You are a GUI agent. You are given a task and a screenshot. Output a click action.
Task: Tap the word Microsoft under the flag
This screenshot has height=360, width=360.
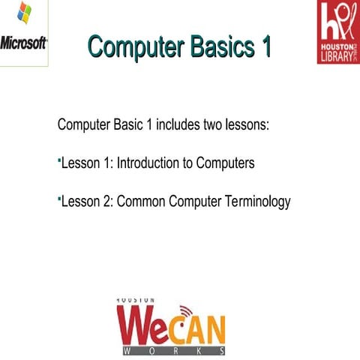coord(24,42)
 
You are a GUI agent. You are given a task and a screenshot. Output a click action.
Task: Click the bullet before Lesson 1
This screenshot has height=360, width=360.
coord(58,160)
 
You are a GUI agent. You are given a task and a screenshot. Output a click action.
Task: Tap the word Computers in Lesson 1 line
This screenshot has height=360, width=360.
coord(226,163)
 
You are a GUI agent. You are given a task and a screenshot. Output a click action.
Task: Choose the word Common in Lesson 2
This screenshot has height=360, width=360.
coord(140,202)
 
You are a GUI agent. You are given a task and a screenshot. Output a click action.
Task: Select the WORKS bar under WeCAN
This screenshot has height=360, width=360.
coord(172,350)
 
